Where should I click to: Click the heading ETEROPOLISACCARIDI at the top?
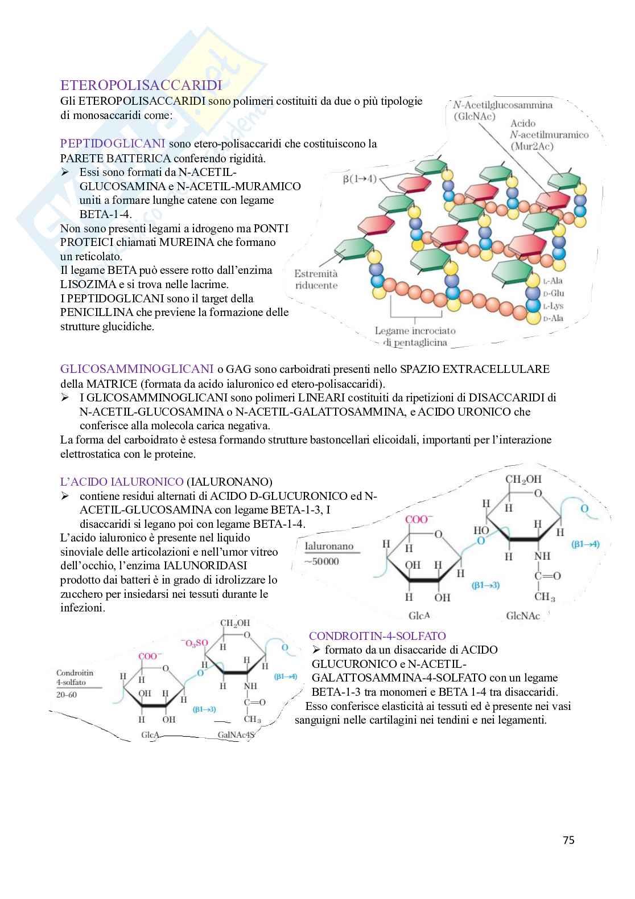[x=141, y=86]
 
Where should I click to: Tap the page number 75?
[x=568, y=840]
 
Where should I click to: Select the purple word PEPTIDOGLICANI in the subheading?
[x=113, y=143]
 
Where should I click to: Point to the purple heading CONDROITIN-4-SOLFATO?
[x=377, y=636]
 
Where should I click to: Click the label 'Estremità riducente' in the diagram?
[x=316, y=280]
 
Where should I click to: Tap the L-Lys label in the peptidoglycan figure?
[x=552, y=306]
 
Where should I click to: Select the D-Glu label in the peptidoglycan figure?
[x=553, y=293]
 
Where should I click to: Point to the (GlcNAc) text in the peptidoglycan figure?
[x=475, y=116]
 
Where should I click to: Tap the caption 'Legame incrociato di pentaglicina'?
[x=415, y=336]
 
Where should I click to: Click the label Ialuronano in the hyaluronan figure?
[x=329, y=547]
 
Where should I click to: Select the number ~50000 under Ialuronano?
[x=321, y=561]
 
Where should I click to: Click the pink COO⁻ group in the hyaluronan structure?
[x=419, y=519]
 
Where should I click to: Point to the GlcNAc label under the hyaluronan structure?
[x=523, y=616]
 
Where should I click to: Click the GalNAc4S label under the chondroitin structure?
[x=236, y=735]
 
